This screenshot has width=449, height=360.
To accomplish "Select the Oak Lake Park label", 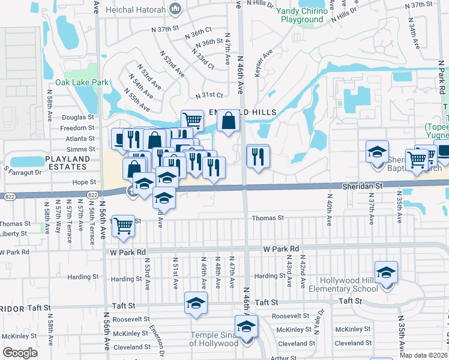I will (x=82, y=82).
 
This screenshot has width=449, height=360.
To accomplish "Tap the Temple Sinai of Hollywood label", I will (x=214, y=339).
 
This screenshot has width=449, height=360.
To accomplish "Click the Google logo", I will (x=20, y=353).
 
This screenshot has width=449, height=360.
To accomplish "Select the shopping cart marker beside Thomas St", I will (x=124, y=226).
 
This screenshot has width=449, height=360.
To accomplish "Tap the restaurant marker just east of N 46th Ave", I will (x=258, y=157).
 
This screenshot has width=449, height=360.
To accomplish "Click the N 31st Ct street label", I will (x=209, y=95).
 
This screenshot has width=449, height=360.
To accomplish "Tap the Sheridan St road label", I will (x=364, y=187).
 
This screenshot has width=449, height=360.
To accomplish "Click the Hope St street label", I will (x=84, y=182).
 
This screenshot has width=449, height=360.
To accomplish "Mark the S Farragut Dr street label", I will (x=22, y=171).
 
